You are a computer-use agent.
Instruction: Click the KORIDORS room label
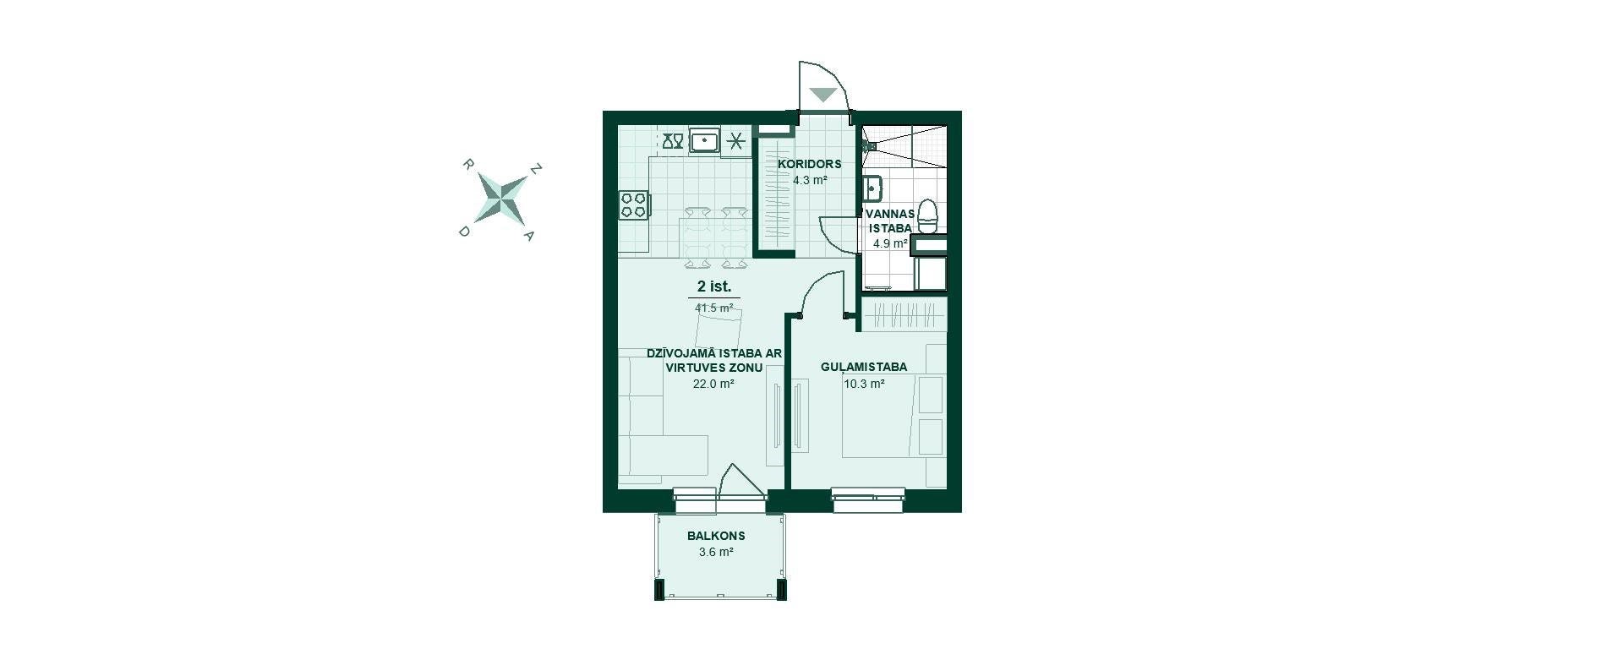coord(809,164)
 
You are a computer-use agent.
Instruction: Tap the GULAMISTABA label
coord(864,367)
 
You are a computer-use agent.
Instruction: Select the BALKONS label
coord(716,536)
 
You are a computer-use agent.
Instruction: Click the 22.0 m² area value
coord(713,384)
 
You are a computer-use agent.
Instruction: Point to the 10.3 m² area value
coord(864,384)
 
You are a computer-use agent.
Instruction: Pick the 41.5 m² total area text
coord(714,308)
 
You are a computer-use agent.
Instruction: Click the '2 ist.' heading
coord(714,287)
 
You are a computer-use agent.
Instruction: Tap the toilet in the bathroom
coord(928,216)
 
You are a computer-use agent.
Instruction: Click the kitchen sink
coord(704,140)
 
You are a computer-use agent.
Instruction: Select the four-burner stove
coord(634,205)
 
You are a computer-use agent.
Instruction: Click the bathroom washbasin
coord(872,188)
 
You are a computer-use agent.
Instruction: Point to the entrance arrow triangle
coord(822,95)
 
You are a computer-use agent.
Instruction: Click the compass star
coord(500,199)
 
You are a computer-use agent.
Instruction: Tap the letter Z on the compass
coord(535,169)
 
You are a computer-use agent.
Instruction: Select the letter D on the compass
coord(464,231)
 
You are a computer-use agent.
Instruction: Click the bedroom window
coord(868,499)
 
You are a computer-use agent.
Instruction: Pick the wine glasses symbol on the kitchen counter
coord(673,140)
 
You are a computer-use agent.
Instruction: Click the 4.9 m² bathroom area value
coord(890,243)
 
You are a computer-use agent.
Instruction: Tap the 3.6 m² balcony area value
coord(716,553)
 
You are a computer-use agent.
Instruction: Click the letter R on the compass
coord(467,164)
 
